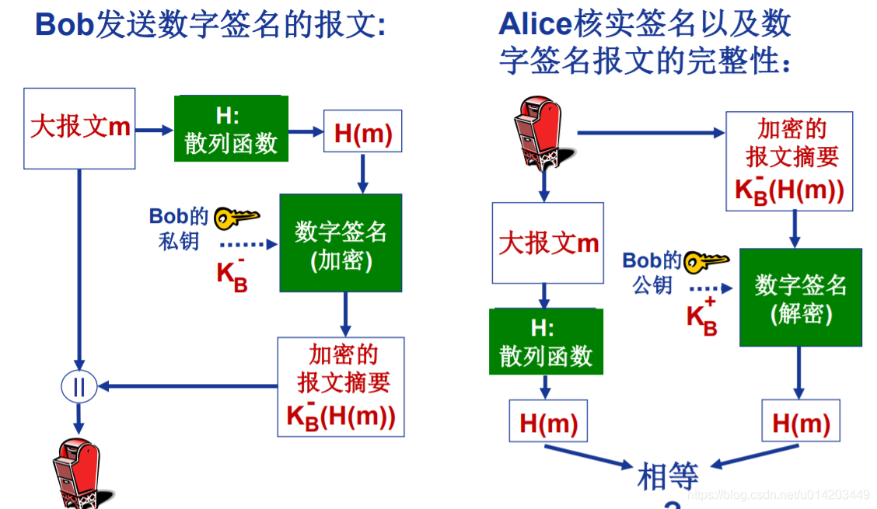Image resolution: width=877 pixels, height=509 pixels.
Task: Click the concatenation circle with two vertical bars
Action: coord(78,386)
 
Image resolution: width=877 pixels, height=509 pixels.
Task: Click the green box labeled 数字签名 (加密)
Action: coord(341,243)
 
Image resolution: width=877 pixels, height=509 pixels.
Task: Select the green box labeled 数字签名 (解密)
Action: coord(800,298)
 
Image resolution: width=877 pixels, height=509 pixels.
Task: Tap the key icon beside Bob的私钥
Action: coord(236,218)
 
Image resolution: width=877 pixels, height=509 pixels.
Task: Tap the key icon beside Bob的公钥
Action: coord(707,261)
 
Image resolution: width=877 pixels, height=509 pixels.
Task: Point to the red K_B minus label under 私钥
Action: coord(232,274)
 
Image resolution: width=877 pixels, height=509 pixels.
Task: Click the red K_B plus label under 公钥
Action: coord(701,316)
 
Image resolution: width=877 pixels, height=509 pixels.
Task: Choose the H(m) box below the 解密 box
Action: coord(801,422)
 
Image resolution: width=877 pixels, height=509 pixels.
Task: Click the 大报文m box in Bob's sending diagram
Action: coord(79,127)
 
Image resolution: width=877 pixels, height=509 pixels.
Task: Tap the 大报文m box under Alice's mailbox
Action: coord(548,243)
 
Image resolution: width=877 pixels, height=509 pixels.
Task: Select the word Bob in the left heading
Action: coord(65,26)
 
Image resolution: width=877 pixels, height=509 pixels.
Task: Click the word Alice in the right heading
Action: coord(536,24)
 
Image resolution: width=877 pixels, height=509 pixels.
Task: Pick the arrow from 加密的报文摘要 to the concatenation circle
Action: coord(187,385)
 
